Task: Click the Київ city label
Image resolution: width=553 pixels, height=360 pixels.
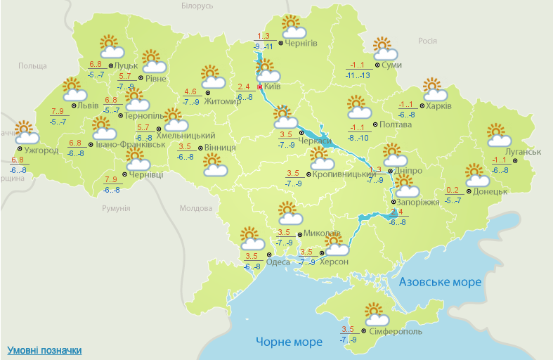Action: pos(273,86)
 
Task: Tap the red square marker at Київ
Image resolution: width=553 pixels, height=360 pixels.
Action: pos(260,86)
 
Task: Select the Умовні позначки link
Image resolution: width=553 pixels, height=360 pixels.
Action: pos(44,350)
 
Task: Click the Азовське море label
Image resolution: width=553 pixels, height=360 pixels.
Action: pos(440,282)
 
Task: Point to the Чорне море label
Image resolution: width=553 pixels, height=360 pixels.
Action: pos(289,342)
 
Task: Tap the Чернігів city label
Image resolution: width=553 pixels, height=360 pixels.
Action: pos(301,43)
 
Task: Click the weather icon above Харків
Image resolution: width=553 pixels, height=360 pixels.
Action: pos(436,90)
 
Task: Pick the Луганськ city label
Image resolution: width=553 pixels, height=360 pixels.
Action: pos(523,152)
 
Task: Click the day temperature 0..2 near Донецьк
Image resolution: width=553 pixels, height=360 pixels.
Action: pos(453,191)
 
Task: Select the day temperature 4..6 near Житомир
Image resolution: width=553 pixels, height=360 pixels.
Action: pos(190,91)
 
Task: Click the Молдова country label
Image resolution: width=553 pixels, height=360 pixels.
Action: pos(195,209)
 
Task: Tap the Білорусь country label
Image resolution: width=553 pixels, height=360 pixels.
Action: pos(196,6)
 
